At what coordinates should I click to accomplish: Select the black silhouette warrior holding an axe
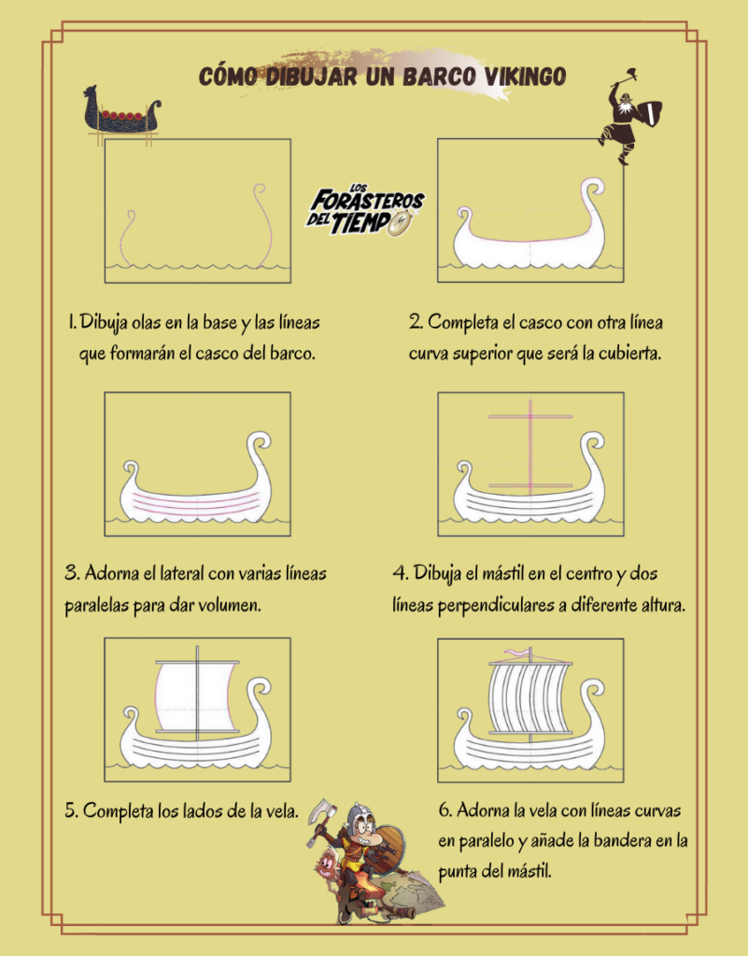[x=629, y=117]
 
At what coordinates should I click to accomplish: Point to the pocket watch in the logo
[x=400, y=223]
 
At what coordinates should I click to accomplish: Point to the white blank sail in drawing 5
[x=196, y=696]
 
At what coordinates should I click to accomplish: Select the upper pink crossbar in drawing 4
[x=530, y=416]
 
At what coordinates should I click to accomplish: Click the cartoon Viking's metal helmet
[x=359, y=815]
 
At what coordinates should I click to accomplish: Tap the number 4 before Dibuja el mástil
[x=400, y=573]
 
